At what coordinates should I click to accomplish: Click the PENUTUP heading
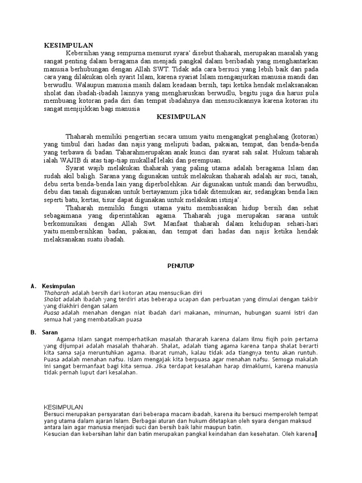[181, 266]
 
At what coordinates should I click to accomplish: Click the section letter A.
[33, 286]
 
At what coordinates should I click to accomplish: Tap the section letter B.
[33, 332]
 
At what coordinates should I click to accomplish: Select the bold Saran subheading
[49, 332]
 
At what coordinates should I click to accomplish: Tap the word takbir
[310, 299]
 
